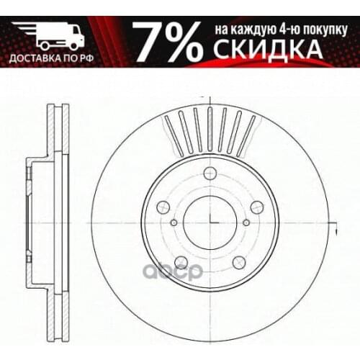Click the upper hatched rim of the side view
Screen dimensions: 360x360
(53, 130)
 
